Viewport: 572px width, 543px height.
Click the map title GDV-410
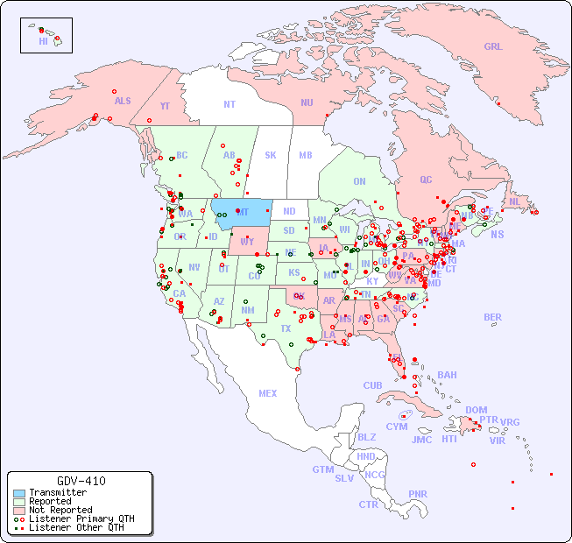point(81,481)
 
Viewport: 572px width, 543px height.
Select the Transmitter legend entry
point(57,492)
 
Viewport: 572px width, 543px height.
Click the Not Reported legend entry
point(60,510)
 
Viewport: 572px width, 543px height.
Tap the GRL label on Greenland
point(493,46)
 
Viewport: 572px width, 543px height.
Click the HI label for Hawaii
point(43,41)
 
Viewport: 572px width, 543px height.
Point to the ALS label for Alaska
point(123,101)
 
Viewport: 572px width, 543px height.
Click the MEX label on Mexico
point(268,393)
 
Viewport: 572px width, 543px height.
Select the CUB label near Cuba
point(373,385)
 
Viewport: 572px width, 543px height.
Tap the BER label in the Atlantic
point(493,317)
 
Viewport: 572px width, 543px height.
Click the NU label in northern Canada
point(307,102)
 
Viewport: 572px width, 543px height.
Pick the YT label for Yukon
point(165,106)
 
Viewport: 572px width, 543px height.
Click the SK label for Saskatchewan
point(271,155)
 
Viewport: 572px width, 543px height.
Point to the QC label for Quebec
point(426,180)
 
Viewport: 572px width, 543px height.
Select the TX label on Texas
point(286,328)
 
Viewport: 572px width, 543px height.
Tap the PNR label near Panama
point(418,494)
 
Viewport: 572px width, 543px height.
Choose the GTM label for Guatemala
point(322,469)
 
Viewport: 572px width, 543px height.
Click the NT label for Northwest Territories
point(230,103)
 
